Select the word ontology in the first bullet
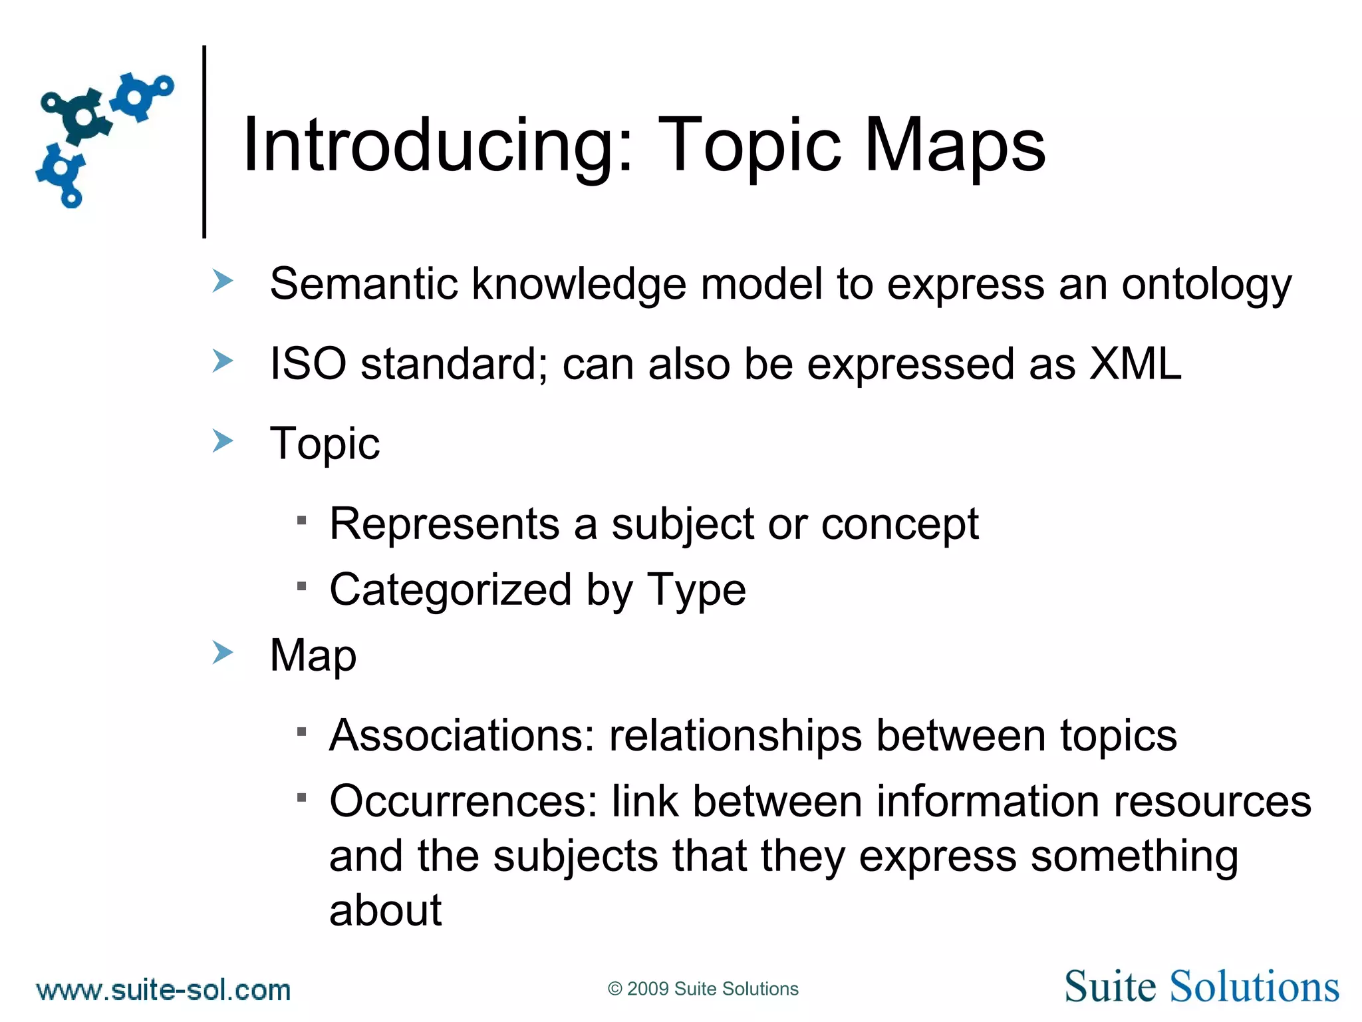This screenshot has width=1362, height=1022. (x=1206, y=285)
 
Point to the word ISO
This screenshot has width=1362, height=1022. (x=308, y=364)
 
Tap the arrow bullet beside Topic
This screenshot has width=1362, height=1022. (x=223, y=440)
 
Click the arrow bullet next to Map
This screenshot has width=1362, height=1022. (x=223, y=653)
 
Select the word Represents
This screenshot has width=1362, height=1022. (x=444, y=524)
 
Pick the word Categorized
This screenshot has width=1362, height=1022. (x=450, y=590)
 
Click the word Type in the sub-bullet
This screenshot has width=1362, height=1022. (x=696, y=590)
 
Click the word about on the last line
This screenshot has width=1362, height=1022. (x=385, y=910)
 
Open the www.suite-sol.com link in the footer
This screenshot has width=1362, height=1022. (x=164, y=990)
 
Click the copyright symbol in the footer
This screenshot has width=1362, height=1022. (x=614, y=989)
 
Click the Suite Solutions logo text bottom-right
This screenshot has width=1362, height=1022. (x=1201, y=987)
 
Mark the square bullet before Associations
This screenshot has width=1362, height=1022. (x=302, y=732)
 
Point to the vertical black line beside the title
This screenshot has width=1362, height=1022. (x=204, y=141)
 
